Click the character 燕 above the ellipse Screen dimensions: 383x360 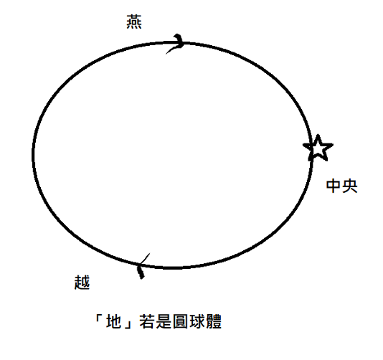click(x=134, y=22)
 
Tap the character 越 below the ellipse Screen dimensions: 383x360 click(x=82, y=283)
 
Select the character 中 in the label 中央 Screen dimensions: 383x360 click(x=334, y=186)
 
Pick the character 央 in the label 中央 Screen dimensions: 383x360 click(x=350, y=186)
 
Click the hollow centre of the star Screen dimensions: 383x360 click(x=318, y=148)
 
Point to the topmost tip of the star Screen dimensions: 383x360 click(x=318, y=135)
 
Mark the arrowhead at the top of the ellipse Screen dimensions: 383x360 click(x=180, y=42)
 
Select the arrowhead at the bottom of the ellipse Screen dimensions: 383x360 click(x=142, y=266)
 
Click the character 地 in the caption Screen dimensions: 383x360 click(x=114, y=321)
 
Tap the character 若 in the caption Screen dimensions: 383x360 click(x=147, y=321)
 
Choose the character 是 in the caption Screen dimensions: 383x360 click(x=164, y=321)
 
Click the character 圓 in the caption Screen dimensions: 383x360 click(x=180, y=321)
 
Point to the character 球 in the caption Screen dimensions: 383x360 click(x=197, y=321)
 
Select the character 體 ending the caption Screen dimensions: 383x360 click(x=214, y=321)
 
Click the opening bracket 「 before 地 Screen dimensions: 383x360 click(x=99, y=318)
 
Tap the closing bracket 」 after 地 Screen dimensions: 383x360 click(x=128, y=324)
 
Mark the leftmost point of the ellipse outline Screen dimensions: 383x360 click(x=33, y=154)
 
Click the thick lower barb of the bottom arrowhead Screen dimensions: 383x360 click(x=141, y=272)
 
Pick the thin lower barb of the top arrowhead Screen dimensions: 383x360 click(x=173, y=49)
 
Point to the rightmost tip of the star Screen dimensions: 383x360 click(x=333, y=145)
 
